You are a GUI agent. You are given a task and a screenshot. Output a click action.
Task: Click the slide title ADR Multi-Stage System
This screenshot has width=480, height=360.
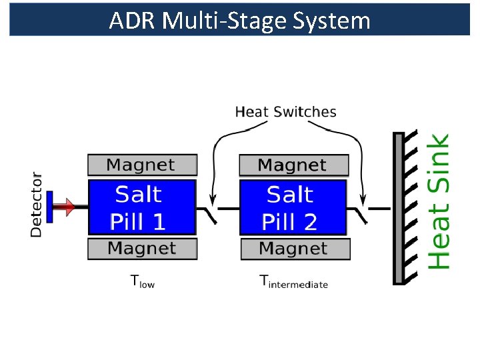coord(239,21)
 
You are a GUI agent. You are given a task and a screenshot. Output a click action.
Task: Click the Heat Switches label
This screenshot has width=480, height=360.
coord(285,111)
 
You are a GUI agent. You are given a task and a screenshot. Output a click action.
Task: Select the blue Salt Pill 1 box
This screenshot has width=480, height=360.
coord(142,207)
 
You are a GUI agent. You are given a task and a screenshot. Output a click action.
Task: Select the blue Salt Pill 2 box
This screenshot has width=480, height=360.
coord(293,207)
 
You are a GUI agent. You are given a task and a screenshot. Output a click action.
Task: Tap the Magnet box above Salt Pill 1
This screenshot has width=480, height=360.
coord(142,165)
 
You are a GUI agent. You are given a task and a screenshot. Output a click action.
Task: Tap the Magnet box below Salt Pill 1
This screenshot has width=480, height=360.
coord(142,249)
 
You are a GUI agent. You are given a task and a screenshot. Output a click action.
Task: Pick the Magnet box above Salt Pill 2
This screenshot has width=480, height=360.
coord(293,165)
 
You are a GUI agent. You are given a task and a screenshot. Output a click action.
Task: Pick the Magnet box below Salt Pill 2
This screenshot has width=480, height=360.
coord(295,249)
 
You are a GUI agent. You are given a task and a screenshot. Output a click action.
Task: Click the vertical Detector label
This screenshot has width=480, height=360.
coord(36,205)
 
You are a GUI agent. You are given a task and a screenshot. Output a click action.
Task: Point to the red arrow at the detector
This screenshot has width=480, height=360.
coord(65,207)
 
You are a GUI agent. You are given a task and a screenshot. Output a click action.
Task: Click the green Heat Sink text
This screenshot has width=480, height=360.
coord(438,201)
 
